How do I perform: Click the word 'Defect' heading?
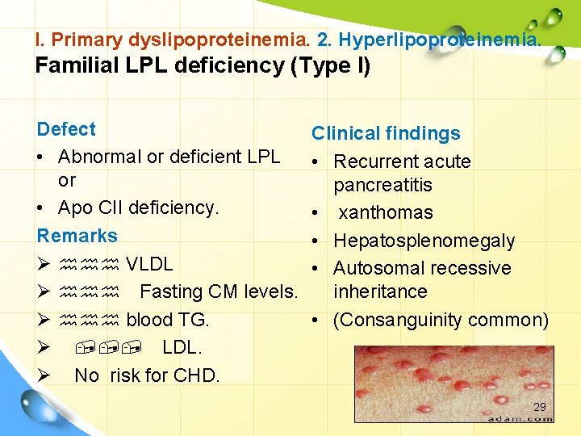[66, 129]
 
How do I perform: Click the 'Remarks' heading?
[77, 236]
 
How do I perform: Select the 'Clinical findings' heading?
[386, 134]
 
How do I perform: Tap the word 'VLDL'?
[149, 264]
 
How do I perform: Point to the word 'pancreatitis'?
[382, 185]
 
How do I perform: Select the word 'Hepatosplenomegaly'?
[424, 241]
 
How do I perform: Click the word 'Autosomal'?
[375, 268]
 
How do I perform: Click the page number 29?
[540, 408]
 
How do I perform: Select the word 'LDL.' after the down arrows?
[182, 347]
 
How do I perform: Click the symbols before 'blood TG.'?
[90, 320]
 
